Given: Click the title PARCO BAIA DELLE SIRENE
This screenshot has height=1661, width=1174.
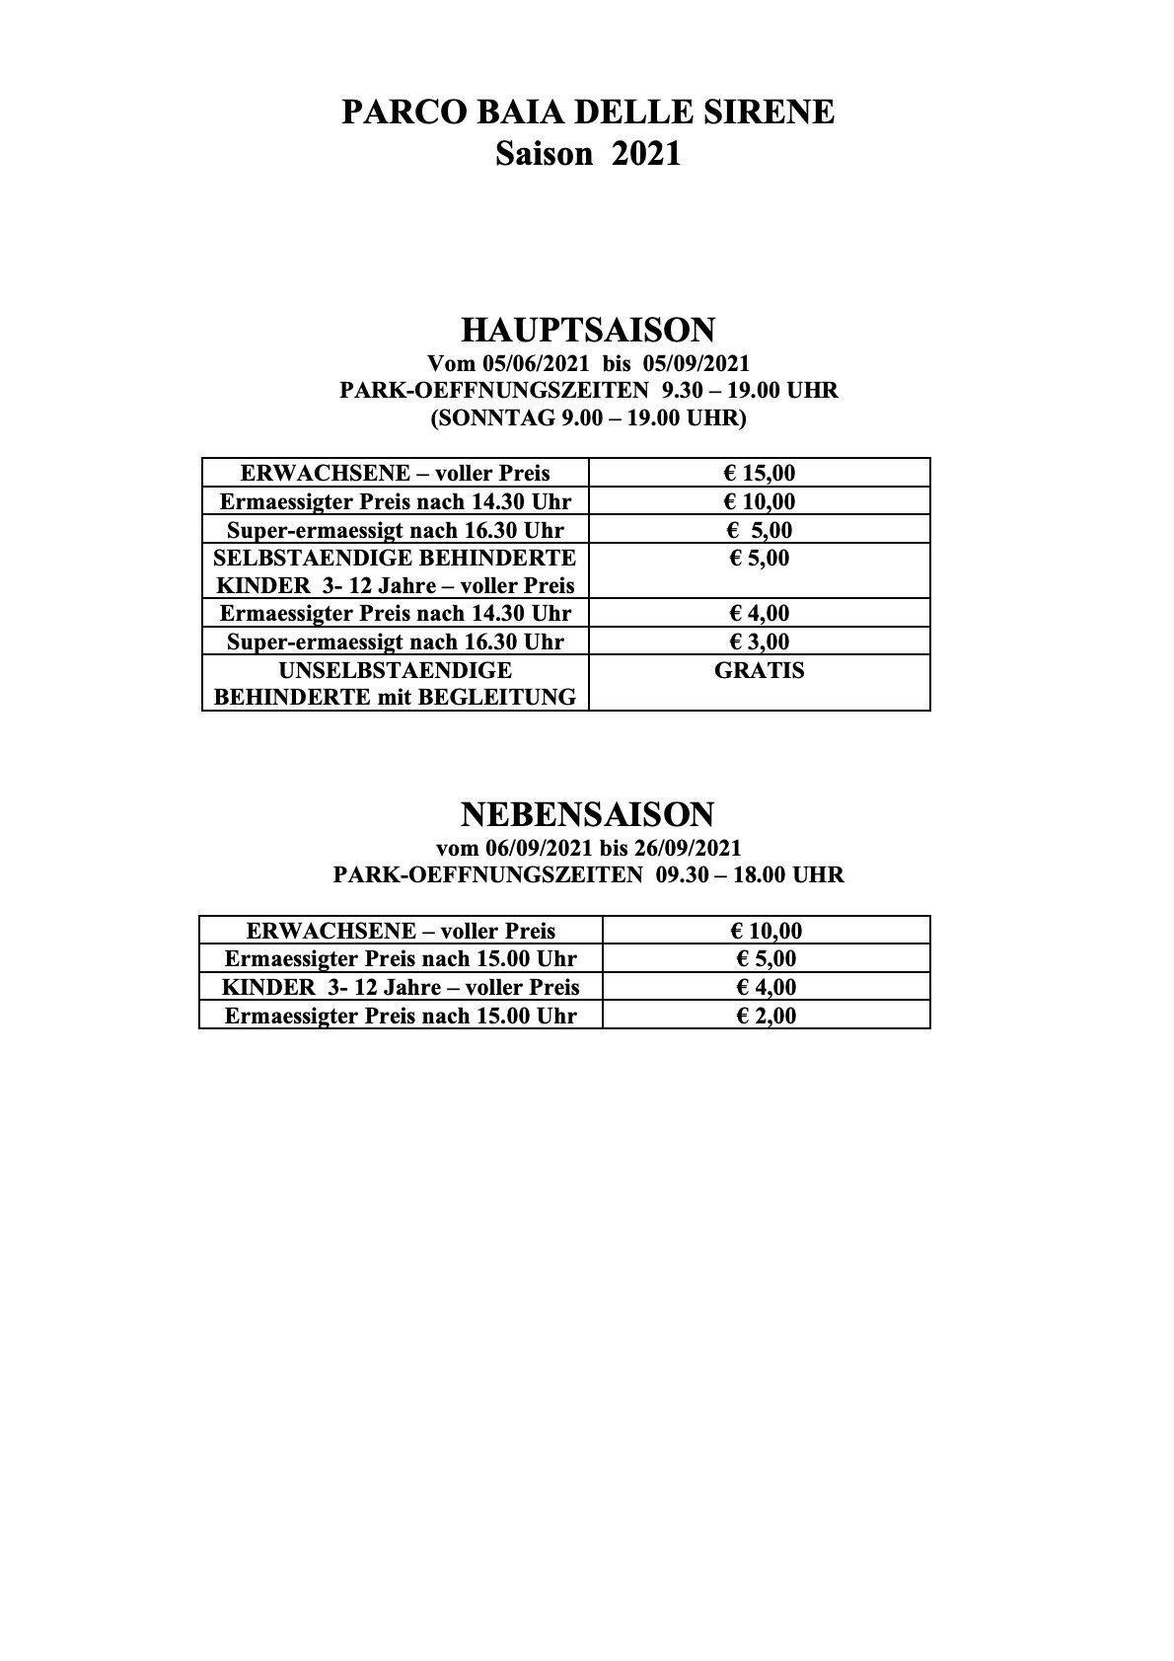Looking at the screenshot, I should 587,113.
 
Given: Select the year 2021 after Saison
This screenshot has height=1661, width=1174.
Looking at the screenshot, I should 646,155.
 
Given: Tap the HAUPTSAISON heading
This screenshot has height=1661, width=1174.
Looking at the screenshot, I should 588,330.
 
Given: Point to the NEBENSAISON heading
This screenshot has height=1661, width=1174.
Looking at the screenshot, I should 587,814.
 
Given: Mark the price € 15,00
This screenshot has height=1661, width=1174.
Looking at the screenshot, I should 761,473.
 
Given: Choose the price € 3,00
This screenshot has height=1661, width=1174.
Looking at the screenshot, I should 760,642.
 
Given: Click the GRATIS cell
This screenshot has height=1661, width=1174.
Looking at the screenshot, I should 761,671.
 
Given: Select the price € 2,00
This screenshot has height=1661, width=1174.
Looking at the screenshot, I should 766,1016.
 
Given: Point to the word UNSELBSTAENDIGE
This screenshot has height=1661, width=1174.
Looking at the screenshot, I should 395,671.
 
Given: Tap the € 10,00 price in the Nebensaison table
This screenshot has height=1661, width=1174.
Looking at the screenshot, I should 766,931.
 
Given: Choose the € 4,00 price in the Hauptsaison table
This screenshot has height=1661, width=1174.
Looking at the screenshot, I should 760,613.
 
